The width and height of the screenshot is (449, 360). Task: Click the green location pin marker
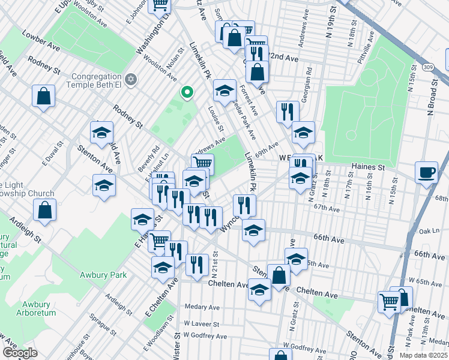point(187,92)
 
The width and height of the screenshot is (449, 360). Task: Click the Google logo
point(20,352)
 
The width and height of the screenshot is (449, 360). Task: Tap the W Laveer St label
point(200,323)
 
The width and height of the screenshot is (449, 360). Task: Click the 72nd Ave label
point(285,59)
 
